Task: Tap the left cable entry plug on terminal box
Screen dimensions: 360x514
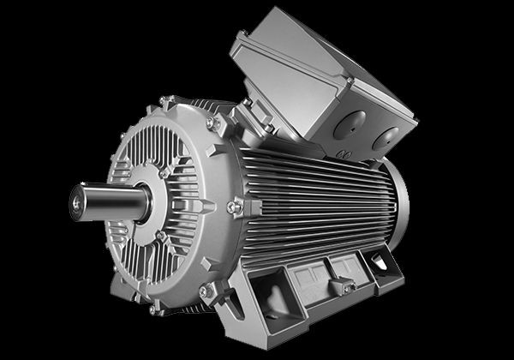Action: pos(349,126)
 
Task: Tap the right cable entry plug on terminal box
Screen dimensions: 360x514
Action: pos(386,137)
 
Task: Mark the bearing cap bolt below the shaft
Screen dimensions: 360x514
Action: pos(159,236)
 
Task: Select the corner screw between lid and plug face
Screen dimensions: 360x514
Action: pos(349,81)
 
